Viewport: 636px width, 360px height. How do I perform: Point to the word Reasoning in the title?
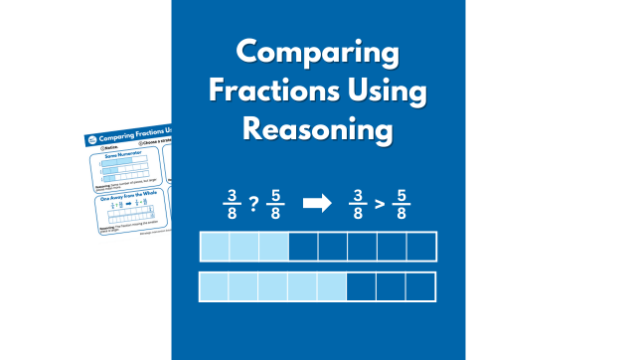(318, 130)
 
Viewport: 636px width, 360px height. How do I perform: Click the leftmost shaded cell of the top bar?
(215, 247)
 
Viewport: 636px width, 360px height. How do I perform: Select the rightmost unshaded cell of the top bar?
(421, 247)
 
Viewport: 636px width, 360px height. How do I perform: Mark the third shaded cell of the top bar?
(273, 247)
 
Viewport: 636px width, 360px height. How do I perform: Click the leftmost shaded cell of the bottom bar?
(215, 286)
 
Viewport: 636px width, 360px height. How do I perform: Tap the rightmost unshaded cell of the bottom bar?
(421, 286)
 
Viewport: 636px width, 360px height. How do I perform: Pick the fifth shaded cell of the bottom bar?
(333, 286)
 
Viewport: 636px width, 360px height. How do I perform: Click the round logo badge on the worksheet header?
(93, 139)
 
